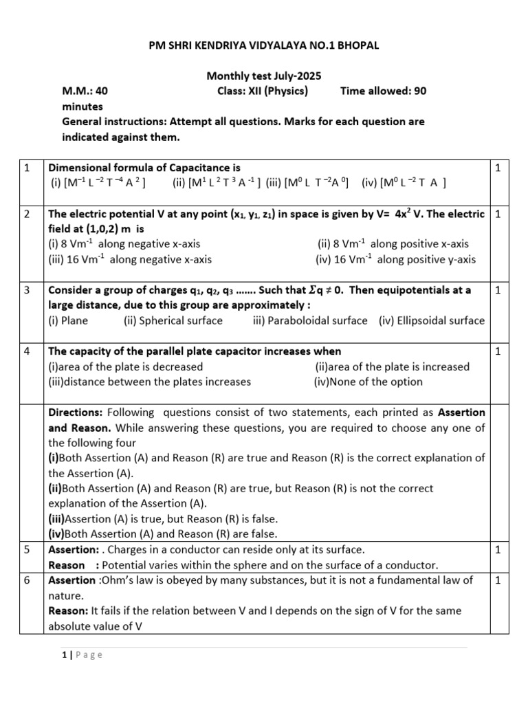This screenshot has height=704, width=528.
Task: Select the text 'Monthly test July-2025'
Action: [264, 76]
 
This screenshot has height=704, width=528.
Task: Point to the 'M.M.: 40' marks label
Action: [85, 91]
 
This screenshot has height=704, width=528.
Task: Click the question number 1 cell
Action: [27, 168]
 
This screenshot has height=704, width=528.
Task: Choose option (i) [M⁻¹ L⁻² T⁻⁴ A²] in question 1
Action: [97, 183]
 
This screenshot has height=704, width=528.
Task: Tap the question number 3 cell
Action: [27, 290]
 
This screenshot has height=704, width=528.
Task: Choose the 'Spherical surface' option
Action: [173, 320]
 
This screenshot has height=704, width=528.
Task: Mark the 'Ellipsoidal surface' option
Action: [431, 320]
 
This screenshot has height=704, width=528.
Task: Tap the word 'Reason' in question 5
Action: [65, 565]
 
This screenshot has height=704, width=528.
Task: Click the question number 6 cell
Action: [27, 580]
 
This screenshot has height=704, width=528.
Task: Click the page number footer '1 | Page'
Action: [82, 655]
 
